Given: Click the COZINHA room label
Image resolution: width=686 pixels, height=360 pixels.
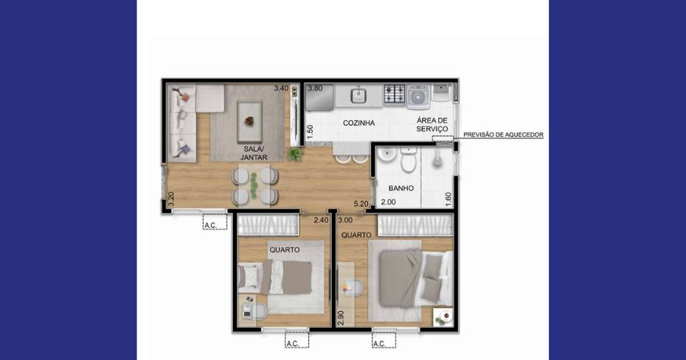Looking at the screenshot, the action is click(358, 123).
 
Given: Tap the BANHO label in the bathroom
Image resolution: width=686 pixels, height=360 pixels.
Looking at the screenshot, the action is click(401, 188).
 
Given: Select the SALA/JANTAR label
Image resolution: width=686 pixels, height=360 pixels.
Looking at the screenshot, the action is click(254, 153).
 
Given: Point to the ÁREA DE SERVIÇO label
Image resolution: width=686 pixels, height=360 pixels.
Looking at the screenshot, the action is click(432, 124).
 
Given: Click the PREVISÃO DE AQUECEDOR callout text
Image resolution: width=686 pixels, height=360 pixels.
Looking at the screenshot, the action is click(503, 135).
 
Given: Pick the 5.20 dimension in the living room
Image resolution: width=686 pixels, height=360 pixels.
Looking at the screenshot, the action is click(361, 204).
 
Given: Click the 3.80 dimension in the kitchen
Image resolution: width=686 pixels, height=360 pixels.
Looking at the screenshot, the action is click(315, 89).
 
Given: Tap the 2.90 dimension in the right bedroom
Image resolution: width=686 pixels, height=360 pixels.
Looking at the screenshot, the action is click(341, 318).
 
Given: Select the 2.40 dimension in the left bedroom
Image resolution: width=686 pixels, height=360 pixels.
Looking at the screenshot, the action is click(321, 220).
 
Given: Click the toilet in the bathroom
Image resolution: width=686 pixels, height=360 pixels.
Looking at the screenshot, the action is click(409, 159).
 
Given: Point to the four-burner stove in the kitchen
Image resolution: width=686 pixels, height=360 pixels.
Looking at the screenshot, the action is click(394, 94).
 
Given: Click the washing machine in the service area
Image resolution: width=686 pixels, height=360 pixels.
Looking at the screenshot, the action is click(418, 96).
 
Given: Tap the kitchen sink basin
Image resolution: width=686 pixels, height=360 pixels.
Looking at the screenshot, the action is click(358, 95).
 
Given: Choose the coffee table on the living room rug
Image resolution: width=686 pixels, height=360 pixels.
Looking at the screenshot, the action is click(249, 121).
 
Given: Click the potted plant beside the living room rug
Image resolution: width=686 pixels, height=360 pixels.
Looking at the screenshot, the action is click(295, 153).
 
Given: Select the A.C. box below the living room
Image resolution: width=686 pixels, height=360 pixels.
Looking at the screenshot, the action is click(215, 222).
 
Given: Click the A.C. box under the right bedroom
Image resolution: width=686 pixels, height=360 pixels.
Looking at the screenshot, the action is click(384, 340).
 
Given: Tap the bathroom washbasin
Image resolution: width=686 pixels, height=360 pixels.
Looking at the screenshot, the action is click(387, 155).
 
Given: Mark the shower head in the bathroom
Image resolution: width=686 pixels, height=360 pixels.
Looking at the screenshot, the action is click(437, 161).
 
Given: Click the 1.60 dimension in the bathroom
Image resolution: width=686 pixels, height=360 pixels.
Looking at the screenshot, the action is click(448, 199).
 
